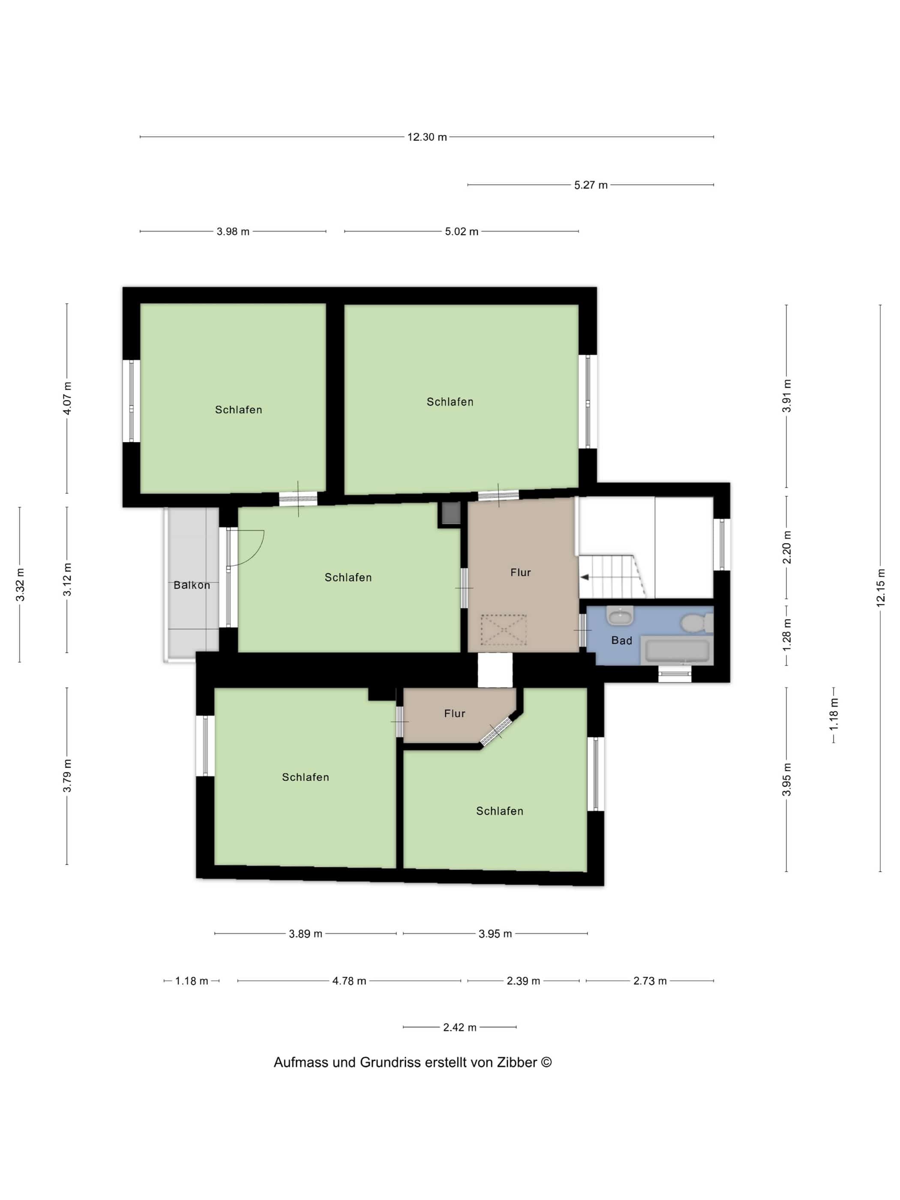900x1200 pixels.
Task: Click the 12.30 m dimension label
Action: (427, 137)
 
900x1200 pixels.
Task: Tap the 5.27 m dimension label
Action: (591, 185)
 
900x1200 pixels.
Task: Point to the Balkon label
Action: (192, 585)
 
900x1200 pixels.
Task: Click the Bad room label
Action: (622, 641)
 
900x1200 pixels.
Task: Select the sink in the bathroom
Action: (620, 616)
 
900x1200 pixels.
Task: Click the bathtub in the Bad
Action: (678, 651)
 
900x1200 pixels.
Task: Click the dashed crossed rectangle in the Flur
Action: (504, 630)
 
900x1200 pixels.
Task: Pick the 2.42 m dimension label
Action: (459, 1027)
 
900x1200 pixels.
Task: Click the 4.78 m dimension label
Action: (349, 981)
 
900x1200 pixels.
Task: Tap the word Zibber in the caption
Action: (517, 1062)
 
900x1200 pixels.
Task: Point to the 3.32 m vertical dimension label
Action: (20, 585)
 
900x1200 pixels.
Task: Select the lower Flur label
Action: (455, 714)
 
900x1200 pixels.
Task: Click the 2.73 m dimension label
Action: (650, 981)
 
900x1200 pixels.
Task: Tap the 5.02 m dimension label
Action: (462, 232)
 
